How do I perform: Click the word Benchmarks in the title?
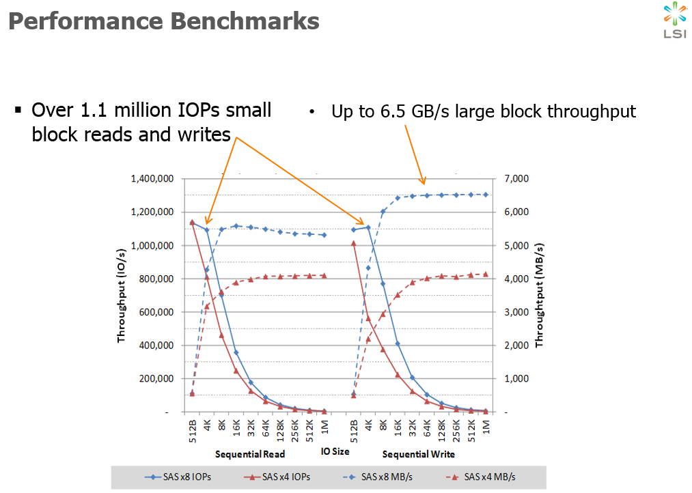click(x=244, y=21)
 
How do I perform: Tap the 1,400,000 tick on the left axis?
click(x=152, y=179)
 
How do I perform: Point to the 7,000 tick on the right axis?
click(x=516, y=179)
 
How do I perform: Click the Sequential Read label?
click(x=249, y=454)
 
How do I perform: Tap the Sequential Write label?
click(x=418, y=454)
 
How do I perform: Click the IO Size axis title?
click(x=335, y=451)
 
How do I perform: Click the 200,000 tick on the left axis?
click(x=156, y=379)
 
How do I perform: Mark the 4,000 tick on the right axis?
click(x=516, y=279)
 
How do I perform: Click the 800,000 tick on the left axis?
click(x=156, y=279)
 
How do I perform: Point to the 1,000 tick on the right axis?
click(x=516, y=379)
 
